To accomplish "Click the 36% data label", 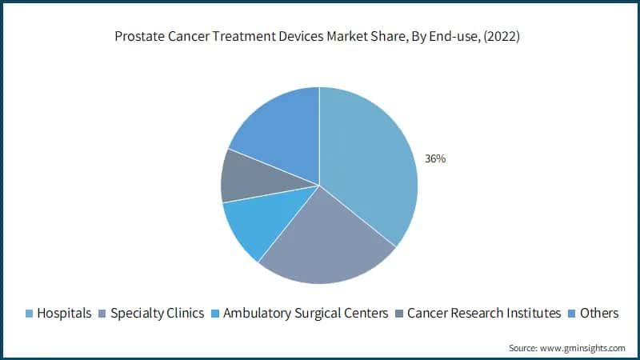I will pyautogui.click(x=435, y=159).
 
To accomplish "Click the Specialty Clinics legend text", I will pyautogui.click(x=157, y=313).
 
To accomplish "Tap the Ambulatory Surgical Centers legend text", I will pyautogui.click(x=306, y=313).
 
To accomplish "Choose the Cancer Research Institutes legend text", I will pyautogui.click(x=484, y=313).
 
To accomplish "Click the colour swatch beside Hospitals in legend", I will pyautogui.click(x=30, y=314).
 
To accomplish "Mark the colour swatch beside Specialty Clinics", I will pyautogui.click(x=102, y=314).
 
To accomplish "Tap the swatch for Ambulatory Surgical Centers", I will pyautogui.click(x=215, y=314).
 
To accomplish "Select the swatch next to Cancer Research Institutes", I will pyautogui.click(x=399, y=314).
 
